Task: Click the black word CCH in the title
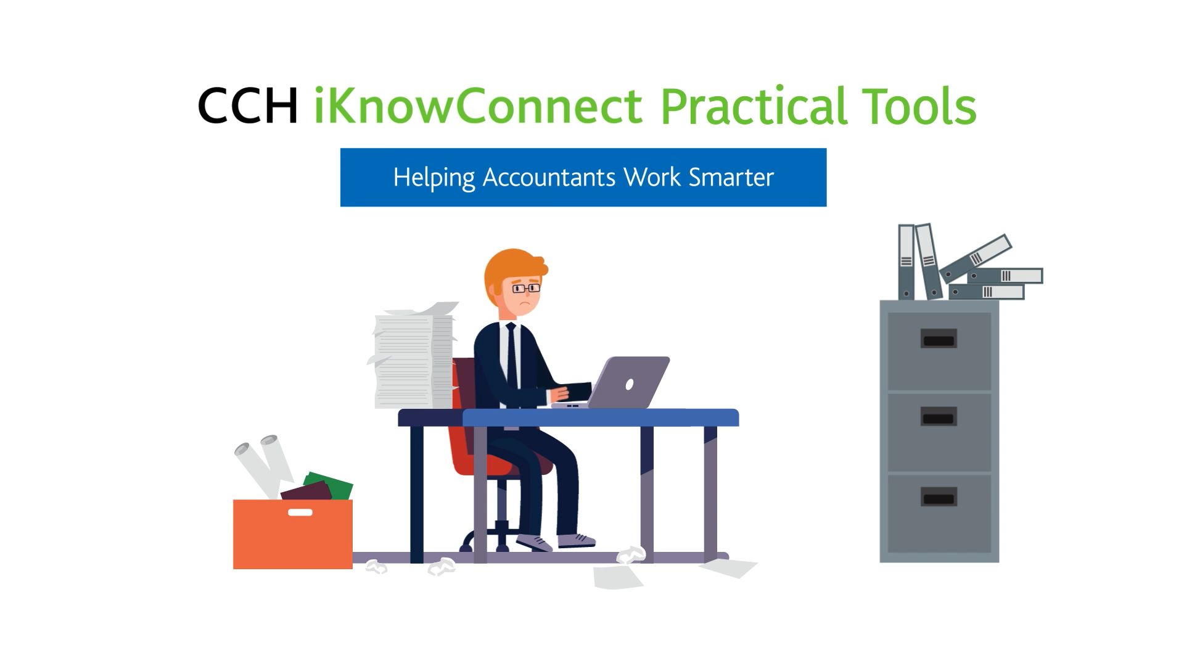[x=248, y=105]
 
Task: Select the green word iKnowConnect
[x=479, y=105]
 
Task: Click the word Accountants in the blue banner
[x=549, y=178]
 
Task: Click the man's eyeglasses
[x=525, y=288]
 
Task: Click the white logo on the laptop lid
[x=629, y=385]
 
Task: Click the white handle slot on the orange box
[x=300, y=512]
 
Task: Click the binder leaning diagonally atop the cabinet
[x=976, y=258]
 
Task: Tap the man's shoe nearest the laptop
[x=577, y=541]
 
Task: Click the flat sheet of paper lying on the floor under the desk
[x=617, y=577]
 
